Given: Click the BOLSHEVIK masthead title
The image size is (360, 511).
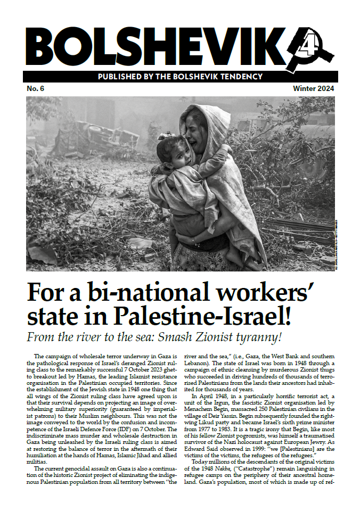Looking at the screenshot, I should [154, 46].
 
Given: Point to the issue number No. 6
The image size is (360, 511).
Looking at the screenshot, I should [36, 88].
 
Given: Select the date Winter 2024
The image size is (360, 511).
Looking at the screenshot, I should [314, 88].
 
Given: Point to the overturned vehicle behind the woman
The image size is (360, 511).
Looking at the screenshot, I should [102, 138].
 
